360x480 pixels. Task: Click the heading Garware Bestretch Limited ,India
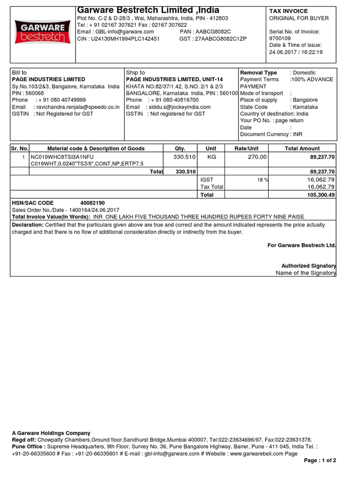click(148, 10)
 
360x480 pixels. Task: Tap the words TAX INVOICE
click(287, 10)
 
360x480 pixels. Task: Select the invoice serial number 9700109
click(280, 38)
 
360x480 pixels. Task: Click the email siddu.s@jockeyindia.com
click(178, 107)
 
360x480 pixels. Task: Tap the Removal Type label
click(258, 73)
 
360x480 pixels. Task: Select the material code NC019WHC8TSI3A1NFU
click(62, 157)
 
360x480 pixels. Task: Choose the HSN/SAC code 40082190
click(93, 203)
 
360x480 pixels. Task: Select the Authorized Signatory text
click(308, 266)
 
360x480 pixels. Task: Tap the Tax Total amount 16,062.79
click(321, 187)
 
